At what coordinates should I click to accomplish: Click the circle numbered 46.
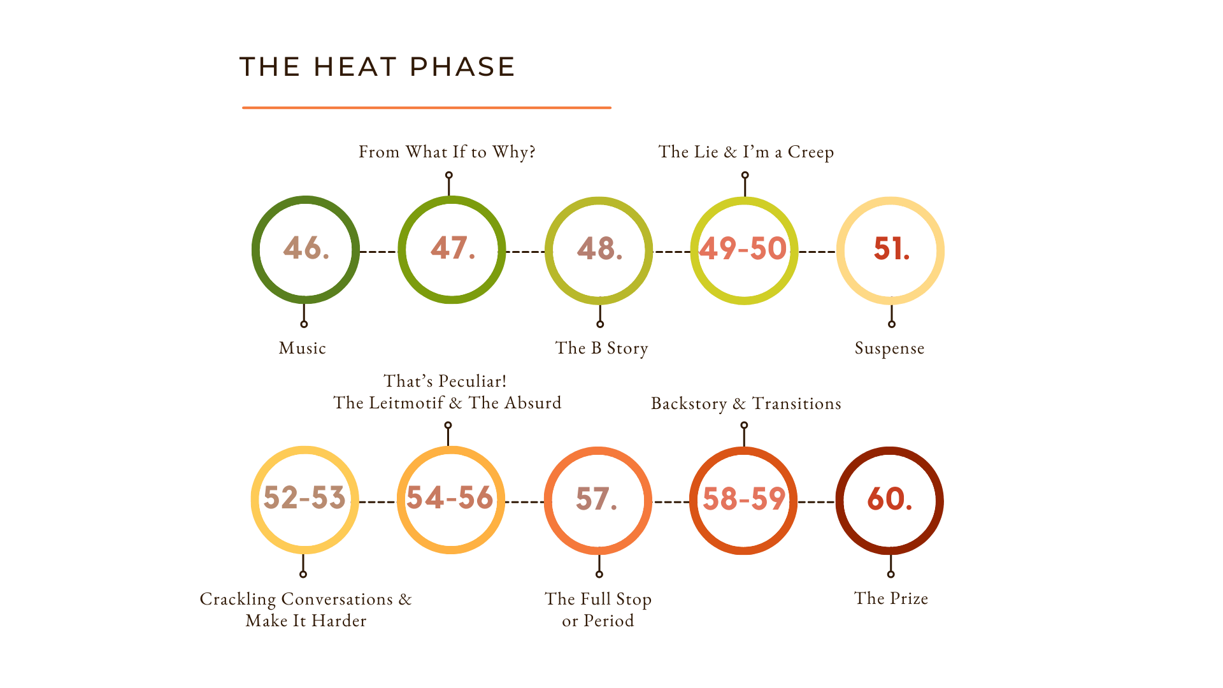click(x=306, y=250)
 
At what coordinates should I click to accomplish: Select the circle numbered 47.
click(x=452, y=250)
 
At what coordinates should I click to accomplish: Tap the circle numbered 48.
click(x=599, y=250)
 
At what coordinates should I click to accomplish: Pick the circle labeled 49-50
click(x=744, y=250)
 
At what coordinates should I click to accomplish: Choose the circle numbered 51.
click(x=890, y=250)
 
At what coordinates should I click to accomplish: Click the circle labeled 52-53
click(x=304, y=499)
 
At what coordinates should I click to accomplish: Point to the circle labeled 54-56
click(x=451, y=499)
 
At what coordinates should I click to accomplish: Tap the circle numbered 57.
click(x=597, y=500)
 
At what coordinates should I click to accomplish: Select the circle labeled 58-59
click(x=743, y=501)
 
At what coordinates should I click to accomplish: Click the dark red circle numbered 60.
click(x=889, y=501)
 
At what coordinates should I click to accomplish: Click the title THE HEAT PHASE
click(x=377, y=67)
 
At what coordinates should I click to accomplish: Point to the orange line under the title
click(x=427, y=108)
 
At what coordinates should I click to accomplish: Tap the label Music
click(x=302, y=348)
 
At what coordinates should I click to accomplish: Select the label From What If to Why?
click(x=447, y=152)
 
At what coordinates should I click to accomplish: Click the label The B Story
click(x=601, y=348)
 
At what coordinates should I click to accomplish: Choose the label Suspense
click(x=889, y=348)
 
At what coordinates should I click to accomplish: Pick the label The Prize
click(x=890, y=599)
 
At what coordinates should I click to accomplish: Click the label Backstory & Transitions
click(x=745, y=404)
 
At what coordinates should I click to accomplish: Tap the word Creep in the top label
click(x=810, y=152)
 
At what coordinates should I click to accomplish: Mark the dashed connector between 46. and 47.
click(x=379, y=252)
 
